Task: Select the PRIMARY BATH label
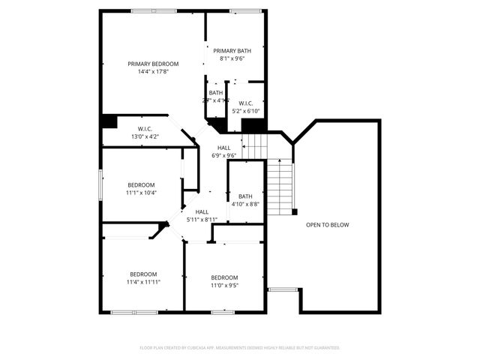click(x=232, y=50)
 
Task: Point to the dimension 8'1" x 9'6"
click(x=232, y=58)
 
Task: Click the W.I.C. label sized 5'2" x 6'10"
click(x=245, y=103)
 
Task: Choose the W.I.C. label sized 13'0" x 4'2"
click(x=145, y=129)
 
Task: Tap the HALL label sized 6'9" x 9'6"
click(x=224, y=148)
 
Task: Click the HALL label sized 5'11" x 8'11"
click(x=202, y=212)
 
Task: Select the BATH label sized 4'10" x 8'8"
click(x=245, y=196)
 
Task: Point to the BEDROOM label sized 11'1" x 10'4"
click(x=141, y=185)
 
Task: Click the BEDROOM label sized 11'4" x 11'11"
click(x=142, y=274)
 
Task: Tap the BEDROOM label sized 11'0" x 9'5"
click(x=223, y=277)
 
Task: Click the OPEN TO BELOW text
click(x=327, y=225)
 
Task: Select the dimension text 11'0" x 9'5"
click(x=223, y=285)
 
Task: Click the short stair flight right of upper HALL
click(x=256, y=145)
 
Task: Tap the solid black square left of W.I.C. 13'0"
click(x=109, y=121)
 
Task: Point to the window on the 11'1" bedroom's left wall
click(x=100, y=185)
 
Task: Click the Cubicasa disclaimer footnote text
click(x=240, y=348)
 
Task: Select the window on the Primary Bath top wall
click(x=241, y=11)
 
